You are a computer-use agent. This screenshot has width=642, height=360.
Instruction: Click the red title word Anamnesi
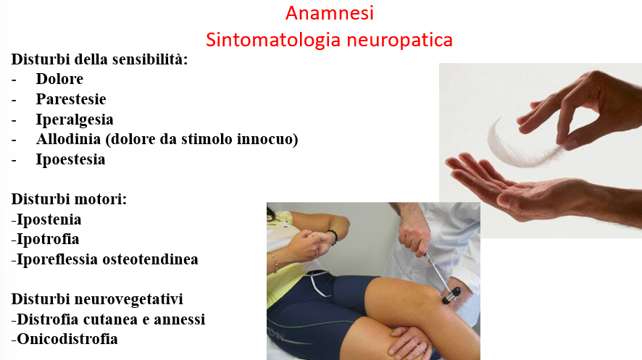click(330, 13)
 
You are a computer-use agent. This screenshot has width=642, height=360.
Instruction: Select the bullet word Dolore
click(59, 78)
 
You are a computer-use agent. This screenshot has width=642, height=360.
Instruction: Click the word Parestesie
click(71, 99)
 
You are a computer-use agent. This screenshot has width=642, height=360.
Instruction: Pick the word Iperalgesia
click(75, 120)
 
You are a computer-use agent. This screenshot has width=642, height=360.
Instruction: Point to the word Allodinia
click(68, 139)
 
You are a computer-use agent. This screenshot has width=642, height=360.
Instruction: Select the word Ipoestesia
click(70, 159)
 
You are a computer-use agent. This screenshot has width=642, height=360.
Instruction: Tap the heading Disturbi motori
click(69, 199)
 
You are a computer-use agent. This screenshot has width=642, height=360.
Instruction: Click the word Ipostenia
click(49, 219)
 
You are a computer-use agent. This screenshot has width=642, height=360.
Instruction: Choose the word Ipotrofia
click(48, 239)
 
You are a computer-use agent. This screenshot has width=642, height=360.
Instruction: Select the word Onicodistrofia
click(67, 339)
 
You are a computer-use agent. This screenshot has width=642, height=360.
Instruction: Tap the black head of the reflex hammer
click(451, 296)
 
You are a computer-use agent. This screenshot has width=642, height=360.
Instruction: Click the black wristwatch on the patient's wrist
click(333, 236)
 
